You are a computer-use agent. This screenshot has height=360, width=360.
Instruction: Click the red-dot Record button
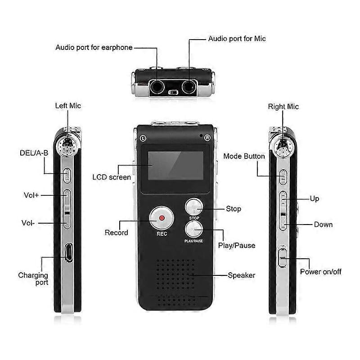(162, 218)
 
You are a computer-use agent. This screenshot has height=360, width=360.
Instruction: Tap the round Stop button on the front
(194, 207)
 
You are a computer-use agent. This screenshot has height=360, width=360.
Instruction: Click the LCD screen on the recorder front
(175, 166)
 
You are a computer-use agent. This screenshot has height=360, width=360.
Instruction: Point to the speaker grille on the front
(175, 283)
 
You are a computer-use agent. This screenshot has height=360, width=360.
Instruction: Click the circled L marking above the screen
(143, 138)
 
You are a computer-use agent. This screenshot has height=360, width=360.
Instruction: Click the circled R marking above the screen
(207, 138)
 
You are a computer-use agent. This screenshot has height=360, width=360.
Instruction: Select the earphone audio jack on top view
(157, 87)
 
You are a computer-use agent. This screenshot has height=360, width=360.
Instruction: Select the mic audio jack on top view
(189, 87)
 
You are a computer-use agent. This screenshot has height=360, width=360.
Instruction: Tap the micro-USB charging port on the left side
(69, 252)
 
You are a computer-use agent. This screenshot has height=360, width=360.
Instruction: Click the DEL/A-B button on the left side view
(67, 175)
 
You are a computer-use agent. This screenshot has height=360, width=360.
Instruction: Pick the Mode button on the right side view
(283, 177)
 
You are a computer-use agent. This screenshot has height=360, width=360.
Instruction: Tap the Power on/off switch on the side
(283, 257)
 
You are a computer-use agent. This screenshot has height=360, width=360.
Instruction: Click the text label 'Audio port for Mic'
(237, 39)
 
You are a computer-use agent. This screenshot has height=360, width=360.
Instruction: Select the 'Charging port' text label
(33, 279)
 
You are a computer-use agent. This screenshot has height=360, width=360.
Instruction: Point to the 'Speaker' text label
(241, 275)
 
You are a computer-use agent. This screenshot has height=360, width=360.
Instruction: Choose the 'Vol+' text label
(31, 195)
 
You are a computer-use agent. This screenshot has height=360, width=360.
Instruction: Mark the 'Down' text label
(323, 224)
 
